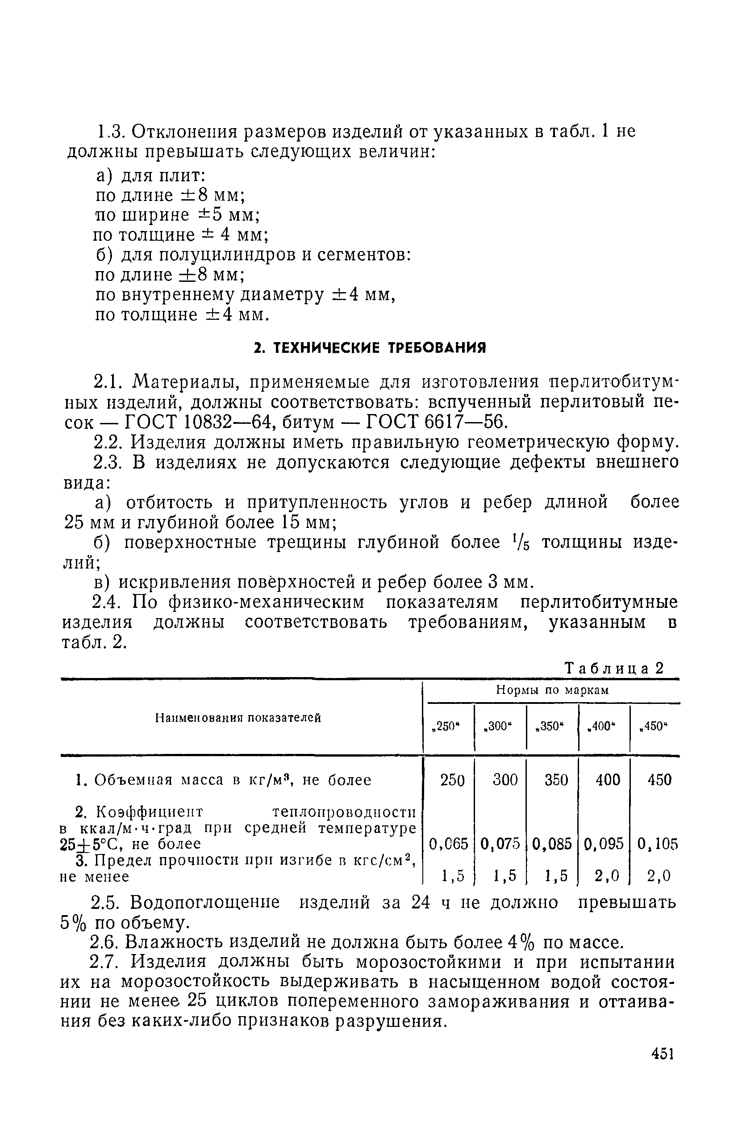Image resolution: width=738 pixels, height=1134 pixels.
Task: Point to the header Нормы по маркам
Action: [552, 690]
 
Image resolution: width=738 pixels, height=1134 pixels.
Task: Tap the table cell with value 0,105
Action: [657, 844]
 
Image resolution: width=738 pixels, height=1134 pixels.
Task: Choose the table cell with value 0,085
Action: [552, 844]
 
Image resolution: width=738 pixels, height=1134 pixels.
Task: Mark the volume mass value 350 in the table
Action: [556, 779]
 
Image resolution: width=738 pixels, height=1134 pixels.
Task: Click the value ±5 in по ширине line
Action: [210, 215]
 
